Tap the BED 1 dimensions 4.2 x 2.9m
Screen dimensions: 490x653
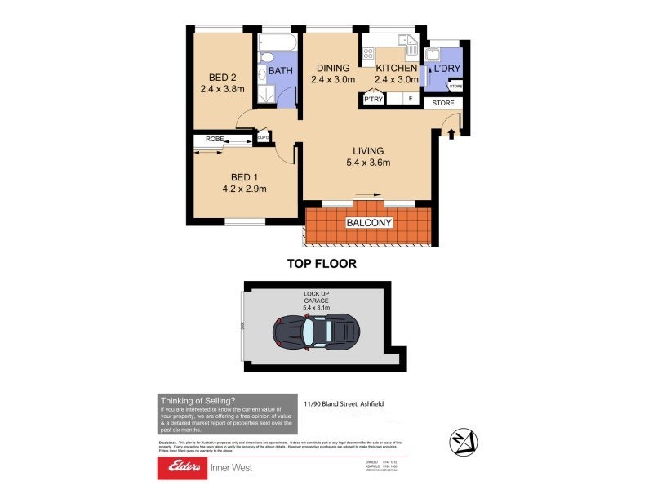[x=244, y=189]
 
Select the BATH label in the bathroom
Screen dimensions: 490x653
[x=281, y=71]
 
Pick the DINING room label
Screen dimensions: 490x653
[x=333, y=69]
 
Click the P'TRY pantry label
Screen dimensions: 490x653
[x=375, y=100]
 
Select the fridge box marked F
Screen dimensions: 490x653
[x=411, y=100]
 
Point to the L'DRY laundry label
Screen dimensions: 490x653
[x=446, y=69]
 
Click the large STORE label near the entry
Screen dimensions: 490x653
[x=443, y=103]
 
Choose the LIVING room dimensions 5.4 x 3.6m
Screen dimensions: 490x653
[x=367, y=163]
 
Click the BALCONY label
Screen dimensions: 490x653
[x=370, y=223]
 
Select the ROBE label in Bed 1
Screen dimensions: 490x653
[x=214, y=140]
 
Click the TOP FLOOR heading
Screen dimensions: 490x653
[x=321, y=264]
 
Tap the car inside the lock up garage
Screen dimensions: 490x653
[x=316, y=332]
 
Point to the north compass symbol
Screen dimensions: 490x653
[x=461, y=442]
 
